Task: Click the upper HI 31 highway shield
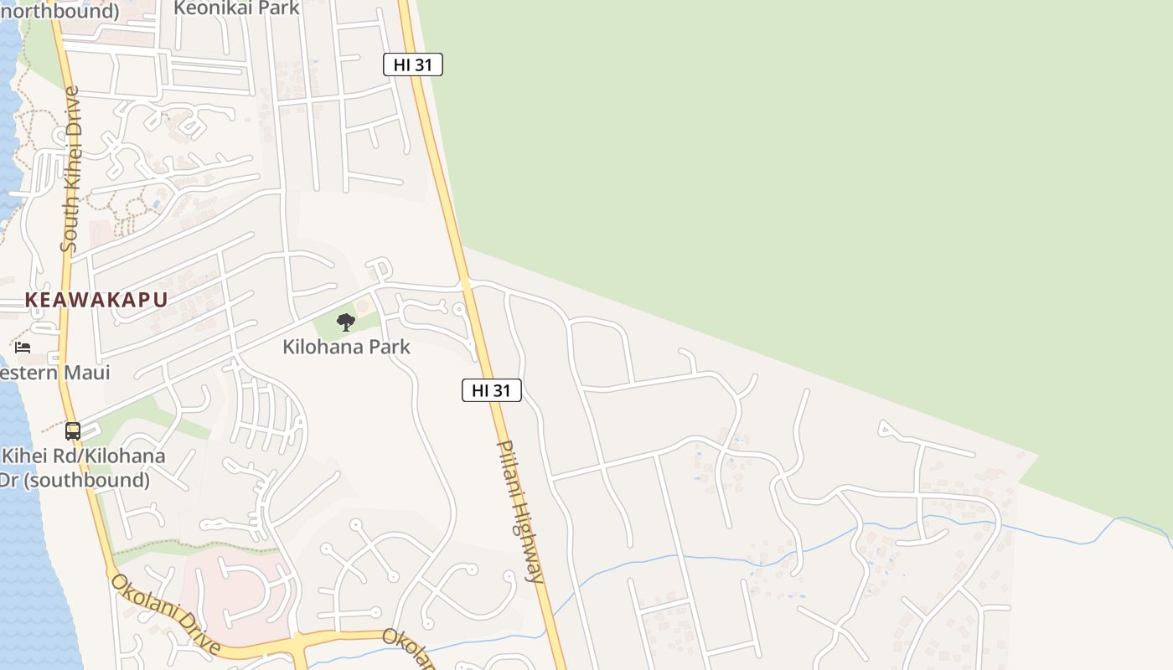click(412, 64)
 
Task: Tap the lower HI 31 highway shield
click(492, 389)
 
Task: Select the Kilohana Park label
click(346, 346)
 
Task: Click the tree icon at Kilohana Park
click(345, 322)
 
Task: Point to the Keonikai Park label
click(237, 8)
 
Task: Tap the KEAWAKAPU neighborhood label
click(96, 300)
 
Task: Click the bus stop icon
click(73, 431)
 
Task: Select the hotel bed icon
click(23, 347)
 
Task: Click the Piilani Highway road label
click(522, 511)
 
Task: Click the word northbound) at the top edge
click(59, 11)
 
